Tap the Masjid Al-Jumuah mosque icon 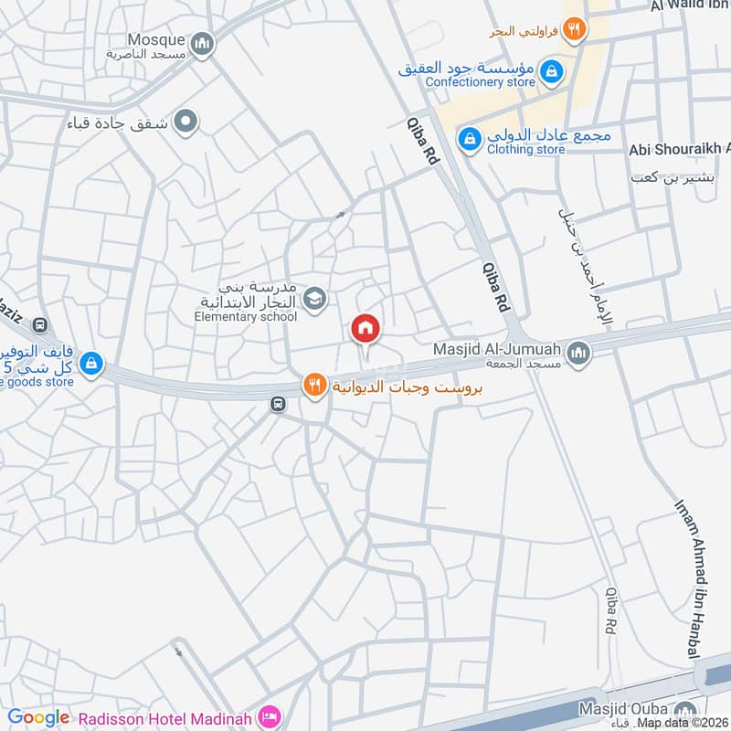pos(577,352)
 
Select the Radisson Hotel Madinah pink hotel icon pos(269,714)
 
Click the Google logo pos(38,717)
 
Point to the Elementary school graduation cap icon pos(314,298)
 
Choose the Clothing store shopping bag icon pos(469,137)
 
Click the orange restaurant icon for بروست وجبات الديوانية pos(314,386)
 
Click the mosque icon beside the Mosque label pos(203,42)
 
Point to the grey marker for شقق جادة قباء pos(186,121)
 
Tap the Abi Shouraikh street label pos(681,149)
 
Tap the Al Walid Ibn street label pos(690,6)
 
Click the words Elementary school pos(246,317)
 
